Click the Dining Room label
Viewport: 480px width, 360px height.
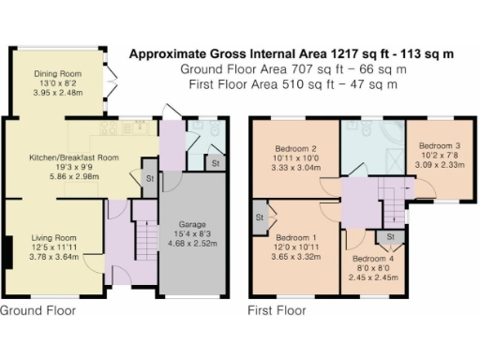(58, 74)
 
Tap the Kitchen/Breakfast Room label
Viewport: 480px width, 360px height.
(74, 157)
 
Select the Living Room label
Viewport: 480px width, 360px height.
(53, 238)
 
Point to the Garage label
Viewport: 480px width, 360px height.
(192, 224)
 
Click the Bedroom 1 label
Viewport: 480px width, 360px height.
(296, 238)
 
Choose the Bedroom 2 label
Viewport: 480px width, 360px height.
(295, 148)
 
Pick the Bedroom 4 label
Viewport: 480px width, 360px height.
(373, 259)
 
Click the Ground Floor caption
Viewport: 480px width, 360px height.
(37, 310)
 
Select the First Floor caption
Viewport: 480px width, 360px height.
(277, 310)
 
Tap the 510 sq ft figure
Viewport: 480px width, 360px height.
(308, 84)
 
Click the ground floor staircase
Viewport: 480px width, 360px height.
(146, 240)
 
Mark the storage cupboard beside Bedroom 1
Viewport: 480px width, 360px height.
(260, 217)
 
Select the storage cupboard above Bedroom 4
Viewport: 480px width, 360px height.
(391, 237)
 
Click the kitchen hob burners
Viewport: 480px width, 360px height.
(108, 127)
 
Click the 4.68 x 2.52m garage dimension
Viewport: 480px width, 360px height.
(192, 244)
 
